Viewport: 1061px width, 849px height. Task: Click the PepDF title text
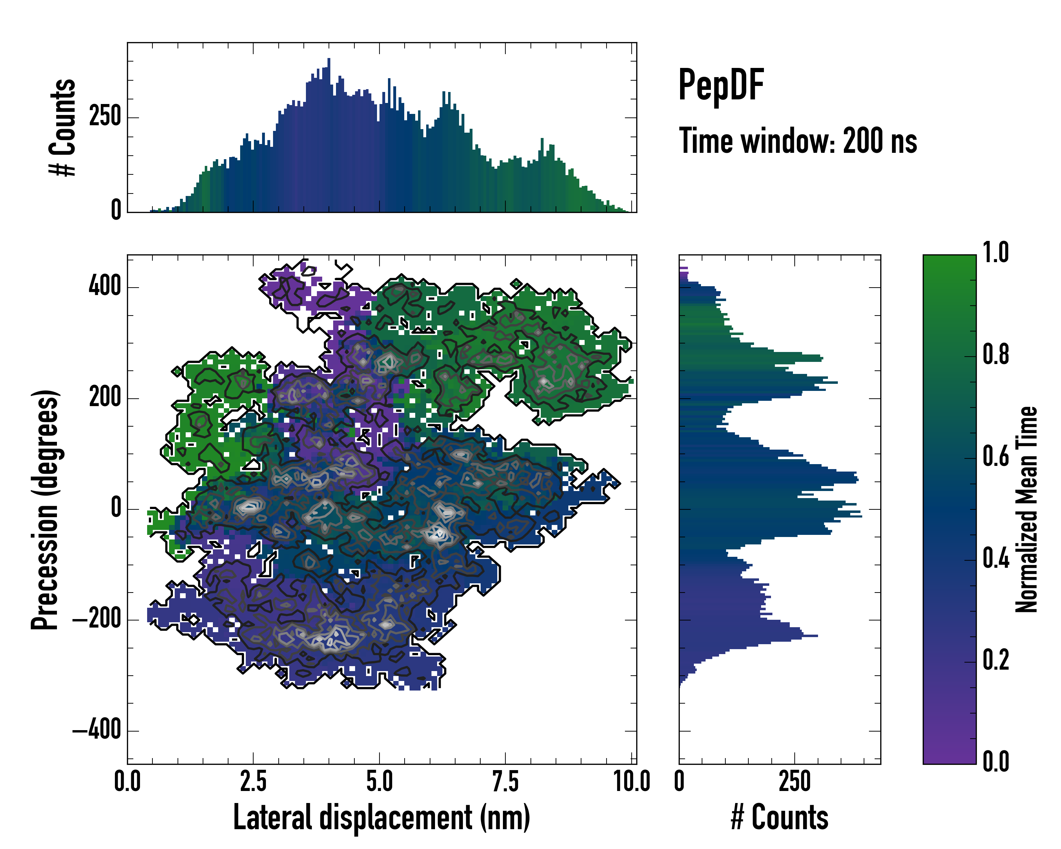click(x=721, y=85)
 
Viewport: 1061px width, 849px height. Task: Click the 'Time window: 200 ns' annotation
click(x=798, y=141)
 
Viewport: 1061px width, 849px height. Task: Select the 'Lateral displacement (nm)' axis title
click(x=381, y=818)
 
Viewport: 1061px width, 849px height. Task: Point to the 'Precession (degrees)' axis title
click(x=45, y=509)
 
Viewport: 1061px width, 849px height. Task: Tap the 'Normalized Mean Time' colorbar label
click(x=1026, y=509)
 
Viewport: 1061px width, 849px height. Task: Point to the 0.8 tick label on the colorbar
click(x=996, y=354)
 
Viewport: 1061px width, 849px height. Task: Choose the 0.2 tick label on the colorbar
click(x=996, y=660)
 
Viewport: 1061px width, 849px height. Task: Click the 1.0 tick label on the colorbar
click(x=996, y=253)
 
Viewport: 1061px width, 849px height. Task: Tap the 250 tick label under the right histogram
click(x=794, y=781)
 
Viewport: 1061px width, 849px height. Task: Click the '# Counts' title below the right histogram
click(x=779, y=818)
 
